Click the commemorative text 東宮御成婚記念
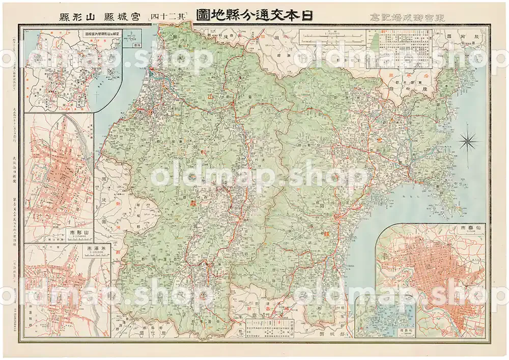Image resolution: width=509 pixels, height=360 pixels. click(x=402, y=16)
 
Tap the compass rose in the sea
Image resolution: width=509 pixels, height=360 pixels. click(x=467, y=141)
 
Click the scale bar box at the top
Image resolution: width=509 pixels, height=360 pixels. click(x=332, y=36)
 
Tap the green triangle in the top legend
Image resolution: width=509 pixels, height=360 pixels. click(x=376, y=41)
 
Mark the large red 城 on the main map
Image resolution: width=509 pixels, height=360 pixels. click(x=323, y=235)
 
